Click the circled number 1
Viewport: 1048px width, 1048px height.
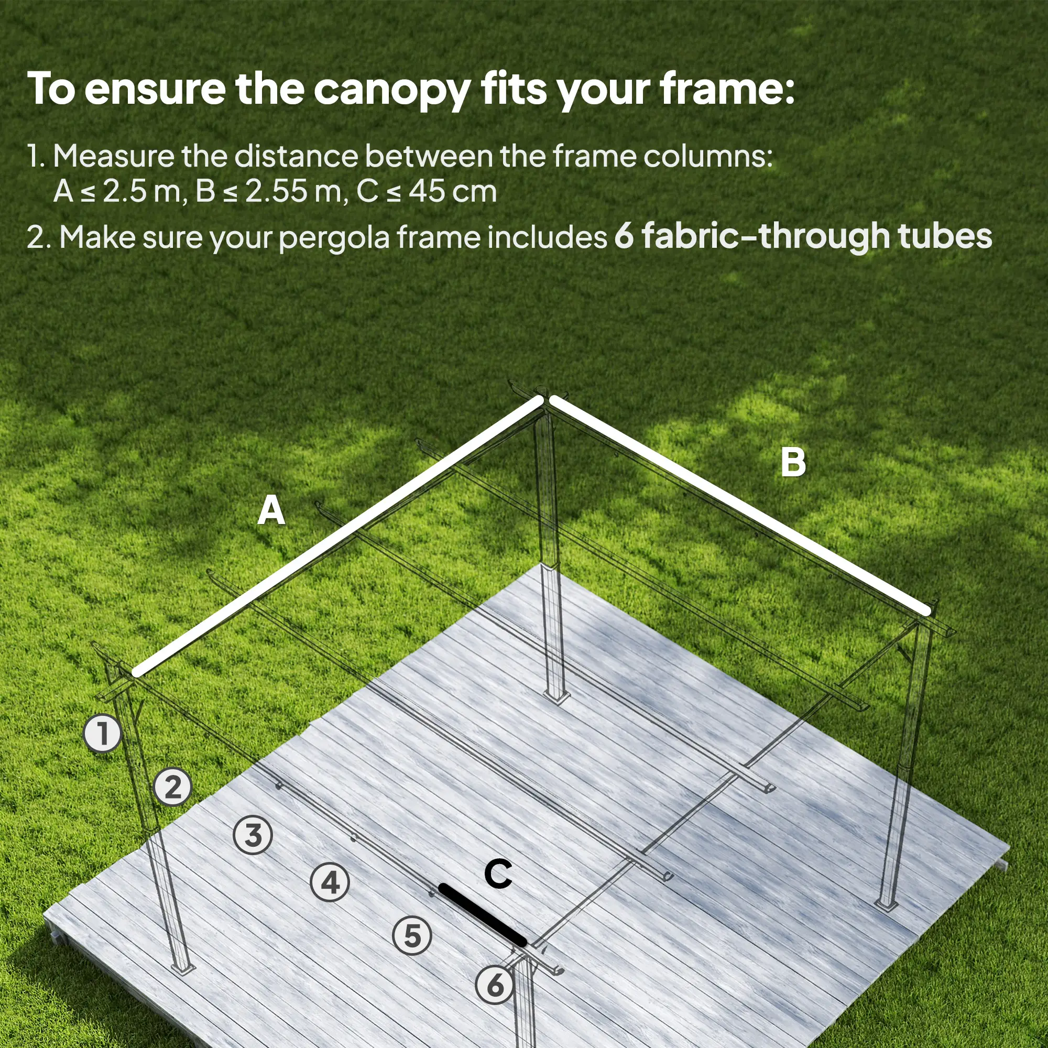(x=102, y=734)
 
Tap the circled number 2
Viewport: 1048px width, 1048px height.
(x=172, y=787)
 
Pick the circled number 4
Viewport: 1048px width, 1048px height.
(x=330, y=882)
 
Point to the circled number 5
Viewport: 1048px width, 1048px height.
(x=412, y=936)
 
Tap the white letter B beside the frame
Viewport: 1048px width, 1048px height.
(x=792, y=463)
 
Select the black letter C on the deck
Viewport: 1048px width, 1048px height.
(x=498, y=875)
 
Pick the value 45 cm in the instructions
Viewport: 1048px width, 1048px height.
(x=452, y=191)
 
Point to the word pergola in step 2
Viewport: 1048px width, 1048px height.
(x=334, y=238)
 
